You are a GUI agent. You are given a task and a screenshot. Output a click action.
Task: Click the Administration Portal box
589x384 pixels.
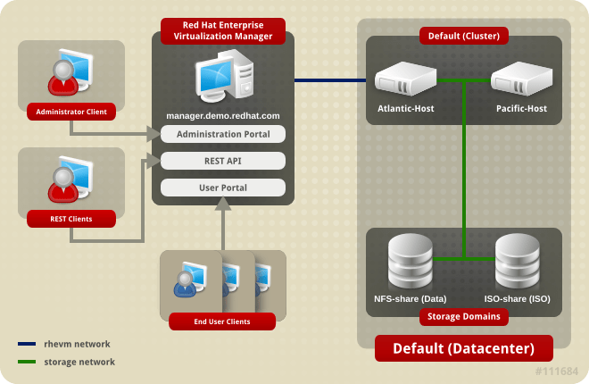pos(223,134)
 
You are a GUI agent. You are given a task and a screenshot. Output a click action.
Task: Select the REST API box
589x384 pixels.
pos(223,161)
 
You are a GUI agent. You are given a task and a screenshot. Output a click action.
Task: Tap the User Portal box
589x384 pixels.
pos(223,188)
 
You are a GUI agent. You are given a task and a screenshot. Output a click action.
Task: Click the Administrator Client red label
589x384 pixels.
pos(71,112)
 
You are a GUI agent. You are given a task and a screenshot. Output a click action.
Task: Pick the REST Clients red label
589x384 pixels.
pos(71,218)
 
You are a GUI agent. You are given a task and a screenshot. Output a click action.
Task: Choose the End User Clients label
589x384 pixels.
pos(222,321)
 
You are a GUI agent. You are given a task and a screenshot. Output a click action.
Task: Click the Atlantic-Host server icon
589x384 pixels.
pos(404,80)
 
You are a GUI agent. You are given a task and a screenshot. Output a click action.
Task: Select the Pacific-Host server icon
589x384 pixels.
pos(521,80)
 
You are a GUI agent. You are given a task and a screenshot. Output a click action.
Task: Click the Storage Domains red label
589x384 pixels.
pos(463,316)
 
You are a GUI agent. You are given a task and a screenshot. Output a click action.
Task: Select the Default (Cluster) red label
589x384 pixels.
pos(463,37)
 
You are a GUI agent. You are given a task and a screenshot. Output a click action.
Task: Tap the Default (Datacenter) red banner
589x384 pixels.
pos(463,347)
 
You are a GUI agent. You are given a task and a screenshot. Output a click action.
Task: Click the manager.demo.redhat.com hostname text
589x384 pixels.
pos(223,116)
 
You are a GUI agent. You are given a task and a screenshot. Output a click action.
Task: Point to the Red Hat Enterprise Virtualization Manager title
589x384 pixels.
pos(223,30)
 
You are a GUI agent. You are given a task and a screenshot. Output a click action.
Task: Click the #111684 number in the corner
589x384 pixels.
pos(557,371)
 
